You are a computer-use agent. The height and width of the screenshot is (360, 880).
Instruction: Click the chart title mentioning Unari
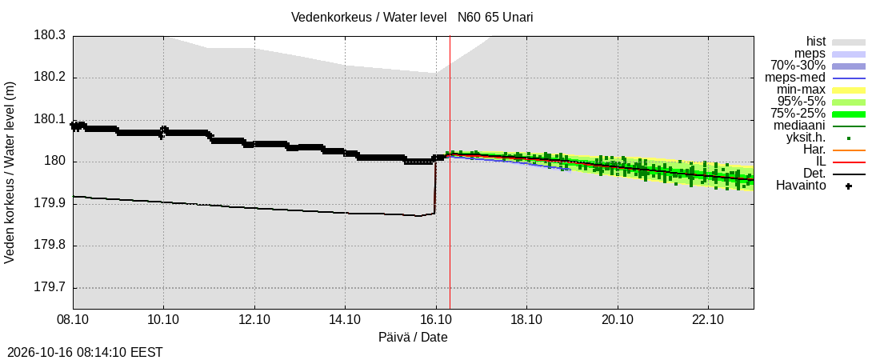click(x=412, y=17)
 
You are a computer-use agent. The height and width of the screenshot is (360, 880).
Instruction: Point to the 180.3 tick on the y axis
click(x=50, y=36)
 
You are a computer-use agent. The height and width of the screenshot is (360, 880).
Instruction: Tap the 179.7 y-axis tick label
click(x=50, y=288)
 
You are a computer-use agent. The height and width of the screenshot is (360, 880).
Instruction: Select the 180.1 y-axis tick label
click(x=50, y=120)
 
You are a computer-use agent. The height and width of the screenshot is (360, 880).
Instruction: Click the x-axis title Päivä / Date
click(x=413, y=338)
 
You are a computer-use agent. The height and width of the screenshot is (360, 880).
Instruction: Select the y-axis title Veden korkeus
click(x=10, y=173)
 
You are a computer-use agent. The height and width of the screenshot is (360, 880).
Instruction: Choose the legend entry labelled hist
click(x=816, y=42)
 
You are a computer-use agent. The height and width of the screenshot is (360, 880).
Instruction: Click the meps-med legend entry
click(x=795, y=78)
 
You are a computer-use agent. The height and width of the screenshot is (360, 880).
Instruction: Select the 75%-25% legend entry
click(x=802, y=114)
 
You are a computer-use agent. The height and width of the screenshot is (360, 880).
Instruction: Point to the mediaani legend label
click(x=800, y=126)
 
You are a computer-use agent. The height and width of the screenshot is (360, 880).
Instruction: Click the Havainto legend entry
click(x=801, y=186)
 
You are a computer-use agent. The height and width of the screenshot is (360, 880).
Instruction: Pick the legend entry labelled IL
click(x=821, y=162)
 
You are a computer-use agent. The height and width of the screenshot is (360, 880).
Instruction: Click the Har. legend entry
click(x=815, y=150)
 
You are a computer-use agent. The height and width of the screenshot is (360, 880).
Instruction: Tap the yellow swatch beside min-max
click(x=849, y=90)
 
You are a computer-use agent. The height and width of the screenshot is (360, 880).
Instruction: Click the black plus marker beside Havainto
click(x=849, y=186)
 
